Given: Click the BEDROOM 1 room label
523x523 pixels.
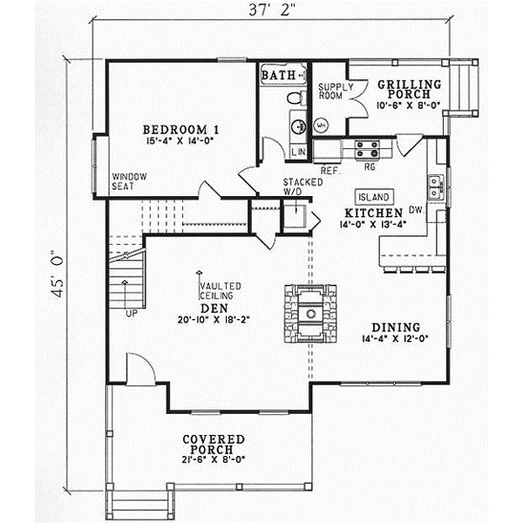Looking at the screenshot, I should tap(180, 130).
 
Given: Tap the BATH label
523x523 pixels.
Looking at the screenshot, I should tap(279, 77).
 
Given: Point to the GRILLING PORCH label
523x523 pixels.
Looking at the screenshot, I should tap(409, 88).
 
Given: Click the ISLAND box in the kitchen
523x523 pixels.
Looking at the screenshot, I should tap(373, 197).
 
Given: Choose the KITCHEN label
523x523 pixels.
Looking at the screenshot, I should tap(372, 213).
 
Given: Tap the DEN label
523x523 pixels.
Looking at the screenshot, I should tap(214, 307).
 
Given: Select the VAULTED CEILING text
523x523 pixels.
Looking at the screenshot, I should tap(220, 291).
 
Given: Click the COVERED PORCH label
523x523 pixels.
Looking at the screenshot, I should tap(214, 444).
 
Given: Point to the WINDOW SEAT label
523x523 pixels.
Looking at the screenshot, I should tap(129, 181).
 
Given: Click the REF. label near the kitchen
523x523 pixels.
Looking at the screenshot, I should tap(329, 170).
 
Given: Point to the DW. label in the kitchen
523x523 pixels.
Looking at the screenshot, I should tap(414, 209).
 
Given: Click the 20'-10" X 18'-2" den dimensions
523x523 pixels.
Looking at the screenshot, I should tap(214, 320).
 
